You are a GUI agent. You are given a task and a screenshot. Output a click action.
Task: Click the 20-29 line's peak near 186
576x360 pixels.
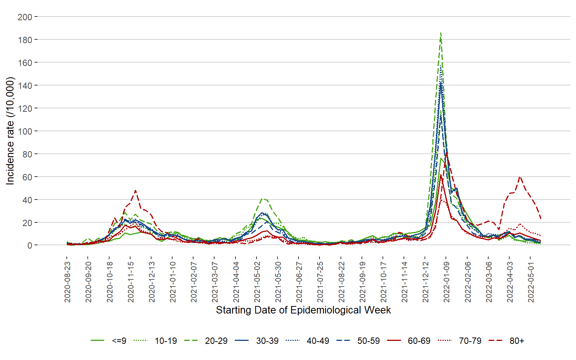[x=441, y=33]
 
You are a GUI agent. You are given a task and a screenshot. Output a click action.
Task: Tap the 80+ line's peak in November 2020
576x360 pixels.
[x=135, y=190]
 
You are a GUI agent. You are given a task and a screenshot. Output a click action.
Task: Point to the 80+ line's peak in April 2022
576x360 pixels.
[x=520, y=177]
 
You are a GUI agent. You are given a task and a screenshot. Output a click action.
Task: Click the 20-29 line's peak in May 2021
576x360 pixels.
[x=262, y=199]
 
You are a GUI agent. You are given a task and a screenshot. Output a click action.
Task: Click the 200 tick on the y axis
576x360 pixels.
[x=25, y=17]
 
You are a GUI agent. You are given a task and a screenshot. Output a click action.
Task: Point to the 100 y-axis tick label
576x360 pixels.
[x=25, y=131]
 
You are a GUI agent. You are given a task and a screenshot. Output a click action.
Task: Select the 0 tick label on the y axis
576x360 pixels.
[x=30, y=246]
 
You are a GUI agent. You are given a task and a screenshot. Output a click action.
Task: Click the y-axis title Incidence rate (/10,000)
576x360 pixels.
[x=10, y=131]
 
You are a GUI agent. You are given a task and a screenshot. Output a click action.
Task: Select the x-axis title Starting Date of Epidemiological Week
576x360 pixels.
[x=303, y=310]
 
